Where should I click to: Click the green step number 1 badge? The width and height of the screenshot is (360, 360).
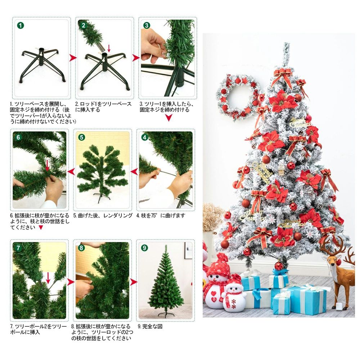21,25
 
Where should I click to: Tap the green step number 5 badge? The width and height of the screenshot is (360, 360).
81,137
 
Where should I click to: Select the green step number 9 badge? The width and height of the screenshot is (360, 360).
144,248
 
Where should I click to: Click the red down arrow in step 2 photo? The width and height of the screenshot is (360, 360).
109,48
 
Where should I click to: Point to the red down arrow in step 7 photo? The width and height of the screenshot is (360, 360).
48,278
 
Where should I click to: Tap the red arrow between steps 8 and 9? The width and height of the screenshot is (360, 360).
134,282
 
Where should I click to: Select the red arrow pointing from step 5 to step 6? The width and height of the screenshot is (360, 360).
71,171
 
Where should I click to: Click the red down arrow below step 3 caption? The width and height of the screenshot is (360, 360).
169,118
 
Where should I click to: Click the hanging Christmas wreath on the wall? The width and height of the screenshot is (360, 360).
239,96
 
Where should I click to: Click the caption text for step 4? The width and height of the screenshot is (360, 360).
161,215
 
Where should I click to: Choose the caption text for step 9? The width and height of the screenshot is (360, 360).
150,326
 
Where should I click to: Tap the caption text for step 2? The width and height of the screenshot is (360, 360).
103,107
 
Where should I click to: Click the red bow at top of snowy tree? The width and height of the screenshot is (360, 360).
283,76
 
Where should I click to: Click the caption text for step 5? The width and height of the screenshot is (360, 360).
103,215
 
